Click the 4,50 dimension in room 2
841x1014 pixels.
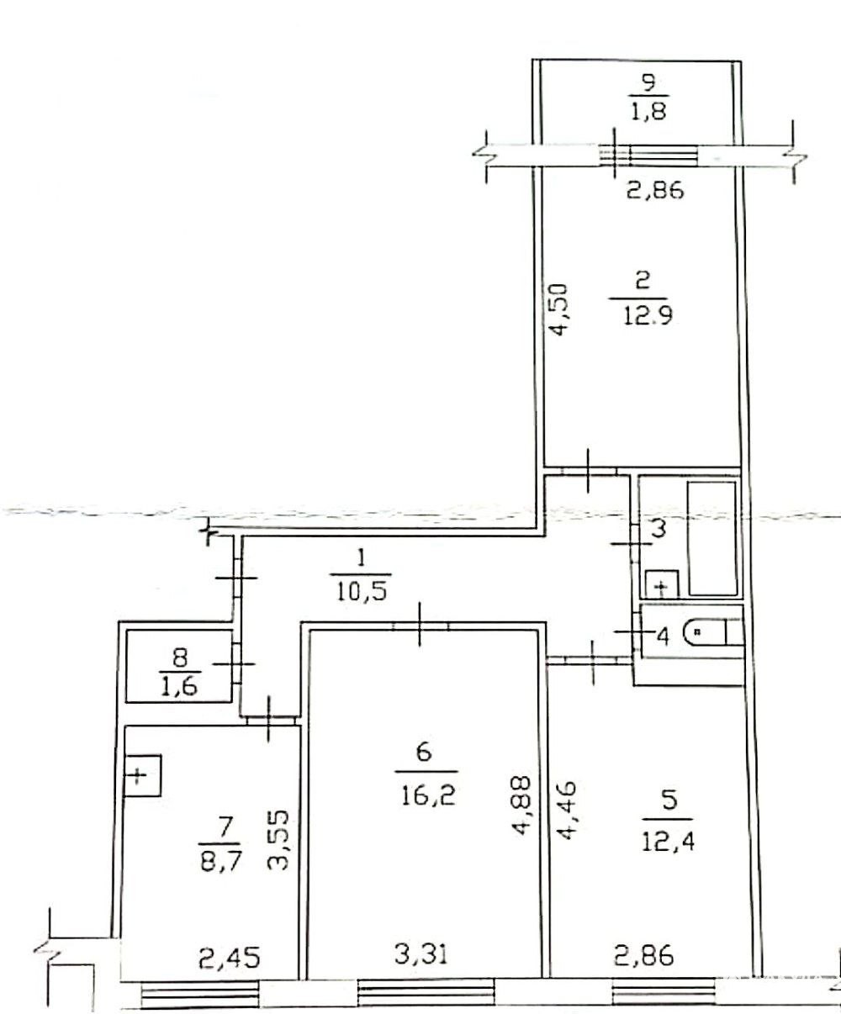(x=558, y=309)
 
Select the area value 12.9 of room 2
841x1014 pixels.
(x=647, y=316)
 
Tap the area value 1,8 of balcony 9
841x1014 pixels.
(x=649, y=111)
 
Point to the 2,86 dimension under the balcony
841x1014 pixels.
(x=655, y=190)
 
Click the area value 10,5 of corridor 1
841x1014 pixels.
(x=361, y=592)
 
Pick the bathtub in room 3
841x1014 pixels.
(x=712, y=539)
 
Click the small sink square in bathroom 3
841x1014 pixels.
(x=662, y=584)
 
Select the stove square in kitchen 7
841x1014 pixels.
(x=142, y=775)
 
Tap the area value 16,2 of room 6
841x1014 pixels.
(x=429, y=796)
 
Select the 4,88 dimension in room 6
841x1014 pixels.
(x=523, y=805)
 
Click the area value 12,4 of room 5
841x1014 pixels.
(x=669, y=841)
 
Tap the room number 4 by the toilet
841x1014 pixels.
(x=663, y=636)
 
